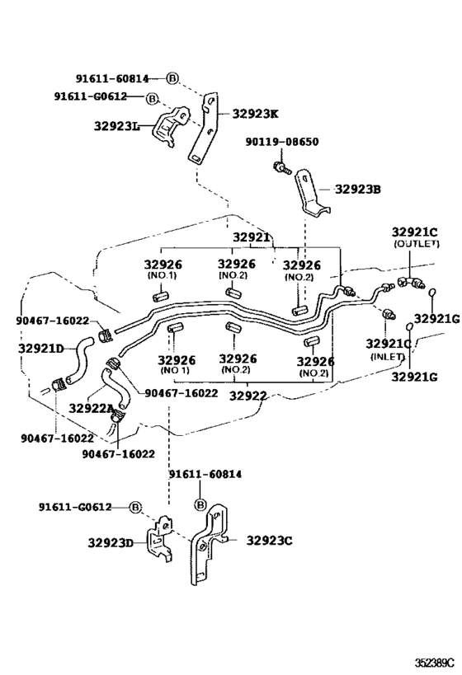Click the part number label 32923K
click(x=256, y=114)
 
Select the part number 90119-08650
click(x=282, y=142)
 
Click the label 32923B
click(x=358, y=190)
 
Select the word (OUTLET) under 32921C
click(x=417, y=244)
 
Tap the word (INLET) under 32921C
click(x=388, y=357)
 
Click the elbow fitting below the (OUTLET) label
click(x=411, y=283)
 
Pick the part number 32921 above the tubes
click(x=252, y=237)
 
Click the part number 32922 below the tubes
click(x=247, y=396)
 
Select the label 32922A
click(x=91, y=408)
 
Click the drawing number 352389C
click(x=435, y=661)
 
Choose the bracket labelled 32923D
click(x=159, y=539)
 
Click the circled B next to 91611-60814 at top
click(x=172, y=78)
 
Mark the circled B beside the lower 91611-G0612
click(x=135, y=508)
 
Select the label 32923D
click(x=111, y=543)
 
